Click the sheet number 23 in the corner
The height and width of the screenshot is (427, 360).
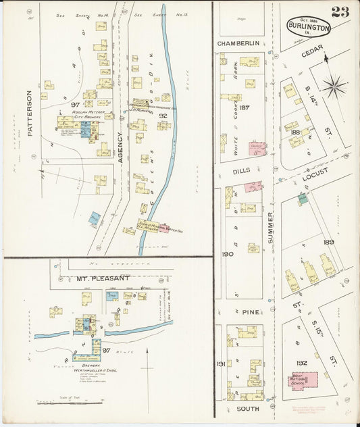pyautogui.click(x=340, y=11)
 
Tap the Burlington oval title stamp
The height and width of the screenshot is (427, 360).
pyautogui.click(x=309, y=26)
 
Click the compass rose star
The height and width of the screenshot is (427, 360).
pyautogui.click(x=333, y=86)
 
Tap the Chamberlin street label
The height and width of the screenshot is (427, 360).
pyautogui.click(x=238, y=43)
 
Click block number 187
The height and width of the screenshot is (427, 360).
pyautogui.click(x=244, y=107)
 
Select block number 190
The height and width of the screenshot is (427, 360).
pyautogui.click(x=227, y=254)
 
